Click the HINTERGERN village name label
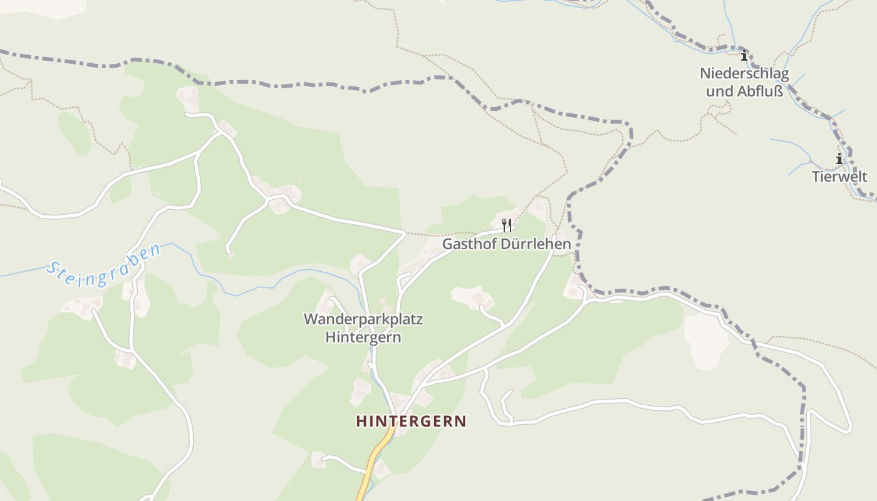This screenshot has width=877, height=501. coord(411,421)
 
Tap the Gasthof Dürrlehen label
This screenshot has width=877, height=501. coord(507,244)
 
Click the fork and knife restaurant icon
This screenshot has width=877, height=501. coord(507,225)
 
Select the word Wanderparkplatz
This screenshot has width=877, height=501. coord(363,319)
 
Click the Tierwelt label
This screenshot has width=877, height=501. coord(839,177)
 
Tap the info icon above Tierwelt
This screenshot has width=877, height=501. coord(839,159)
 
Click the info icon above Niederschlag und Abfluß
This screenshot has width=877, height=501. coord(744,56)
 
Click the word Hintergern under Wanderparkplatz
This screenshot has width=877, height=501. coord(363,338)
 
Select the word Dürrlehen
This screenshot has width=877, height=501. coord(536,244)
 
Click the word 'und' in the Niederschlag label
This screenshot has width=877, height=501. coord(719,91)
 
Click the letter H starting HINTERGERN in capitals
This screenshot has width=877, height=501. coord(361,421)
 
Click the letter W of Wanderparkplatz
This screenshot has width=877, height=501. coord(311,319)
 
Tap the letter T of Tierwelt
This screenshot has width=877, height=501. coord(816,177)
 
